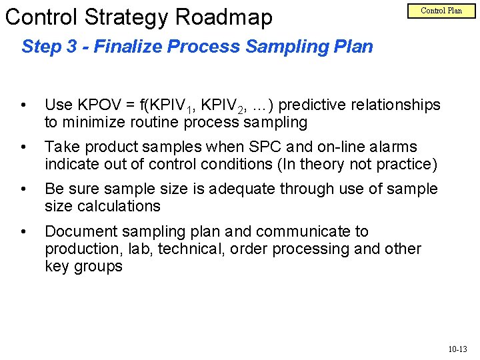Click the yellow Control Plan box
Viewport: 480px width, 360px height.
441,11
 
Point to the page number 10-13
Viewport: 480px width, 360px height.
457,348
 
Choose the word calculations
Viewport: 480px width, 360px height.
118,206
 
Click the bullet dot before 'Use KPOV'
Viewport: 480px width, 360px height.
23,105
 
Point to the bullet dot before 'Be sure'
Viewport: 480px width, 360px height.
23,189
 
